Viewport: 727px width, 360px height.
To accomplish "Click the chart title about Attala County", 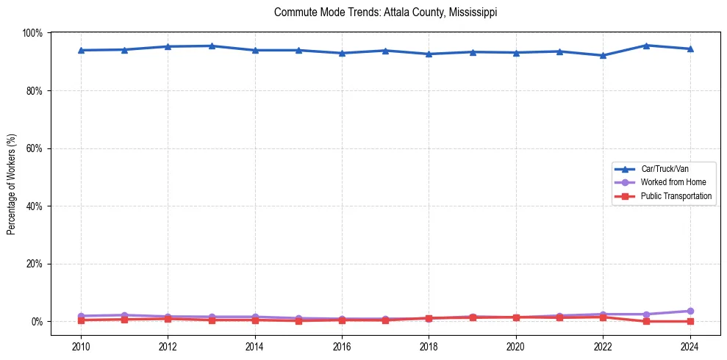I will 385,12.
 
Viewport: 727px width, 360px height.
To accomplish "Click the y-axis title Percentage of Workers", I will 12,177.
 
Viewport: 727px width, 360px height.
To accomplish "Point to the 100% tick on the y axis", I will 32,33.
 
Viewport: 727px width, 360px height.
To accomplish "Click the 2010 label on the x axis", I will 81,345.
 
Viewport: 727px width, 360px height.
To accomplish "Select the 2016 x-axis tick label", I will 342,345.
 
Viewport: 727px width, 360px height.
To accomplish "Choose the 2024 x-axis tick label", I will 690,345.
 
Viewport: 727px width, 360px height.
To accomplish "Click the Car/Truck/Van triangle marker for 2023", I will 646,46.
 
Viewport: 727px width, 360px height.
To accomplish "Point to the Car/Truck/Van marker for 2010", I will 81,50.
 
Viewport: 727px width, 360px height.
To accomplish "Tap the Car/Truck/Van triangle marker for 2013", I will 211,46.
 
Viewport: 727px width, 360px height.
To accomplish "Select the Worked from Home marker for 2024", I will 690,311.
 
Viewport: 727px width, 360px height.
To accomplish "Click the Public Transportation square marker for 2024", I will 690,321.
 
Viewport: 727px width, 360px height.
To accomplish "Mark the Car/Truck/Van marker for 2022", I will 603,55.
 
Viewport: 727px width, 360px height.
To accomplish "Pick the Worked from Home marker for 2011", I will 124,315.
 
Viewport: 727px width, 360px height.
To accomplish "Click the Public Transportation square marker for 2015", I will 298,320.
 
